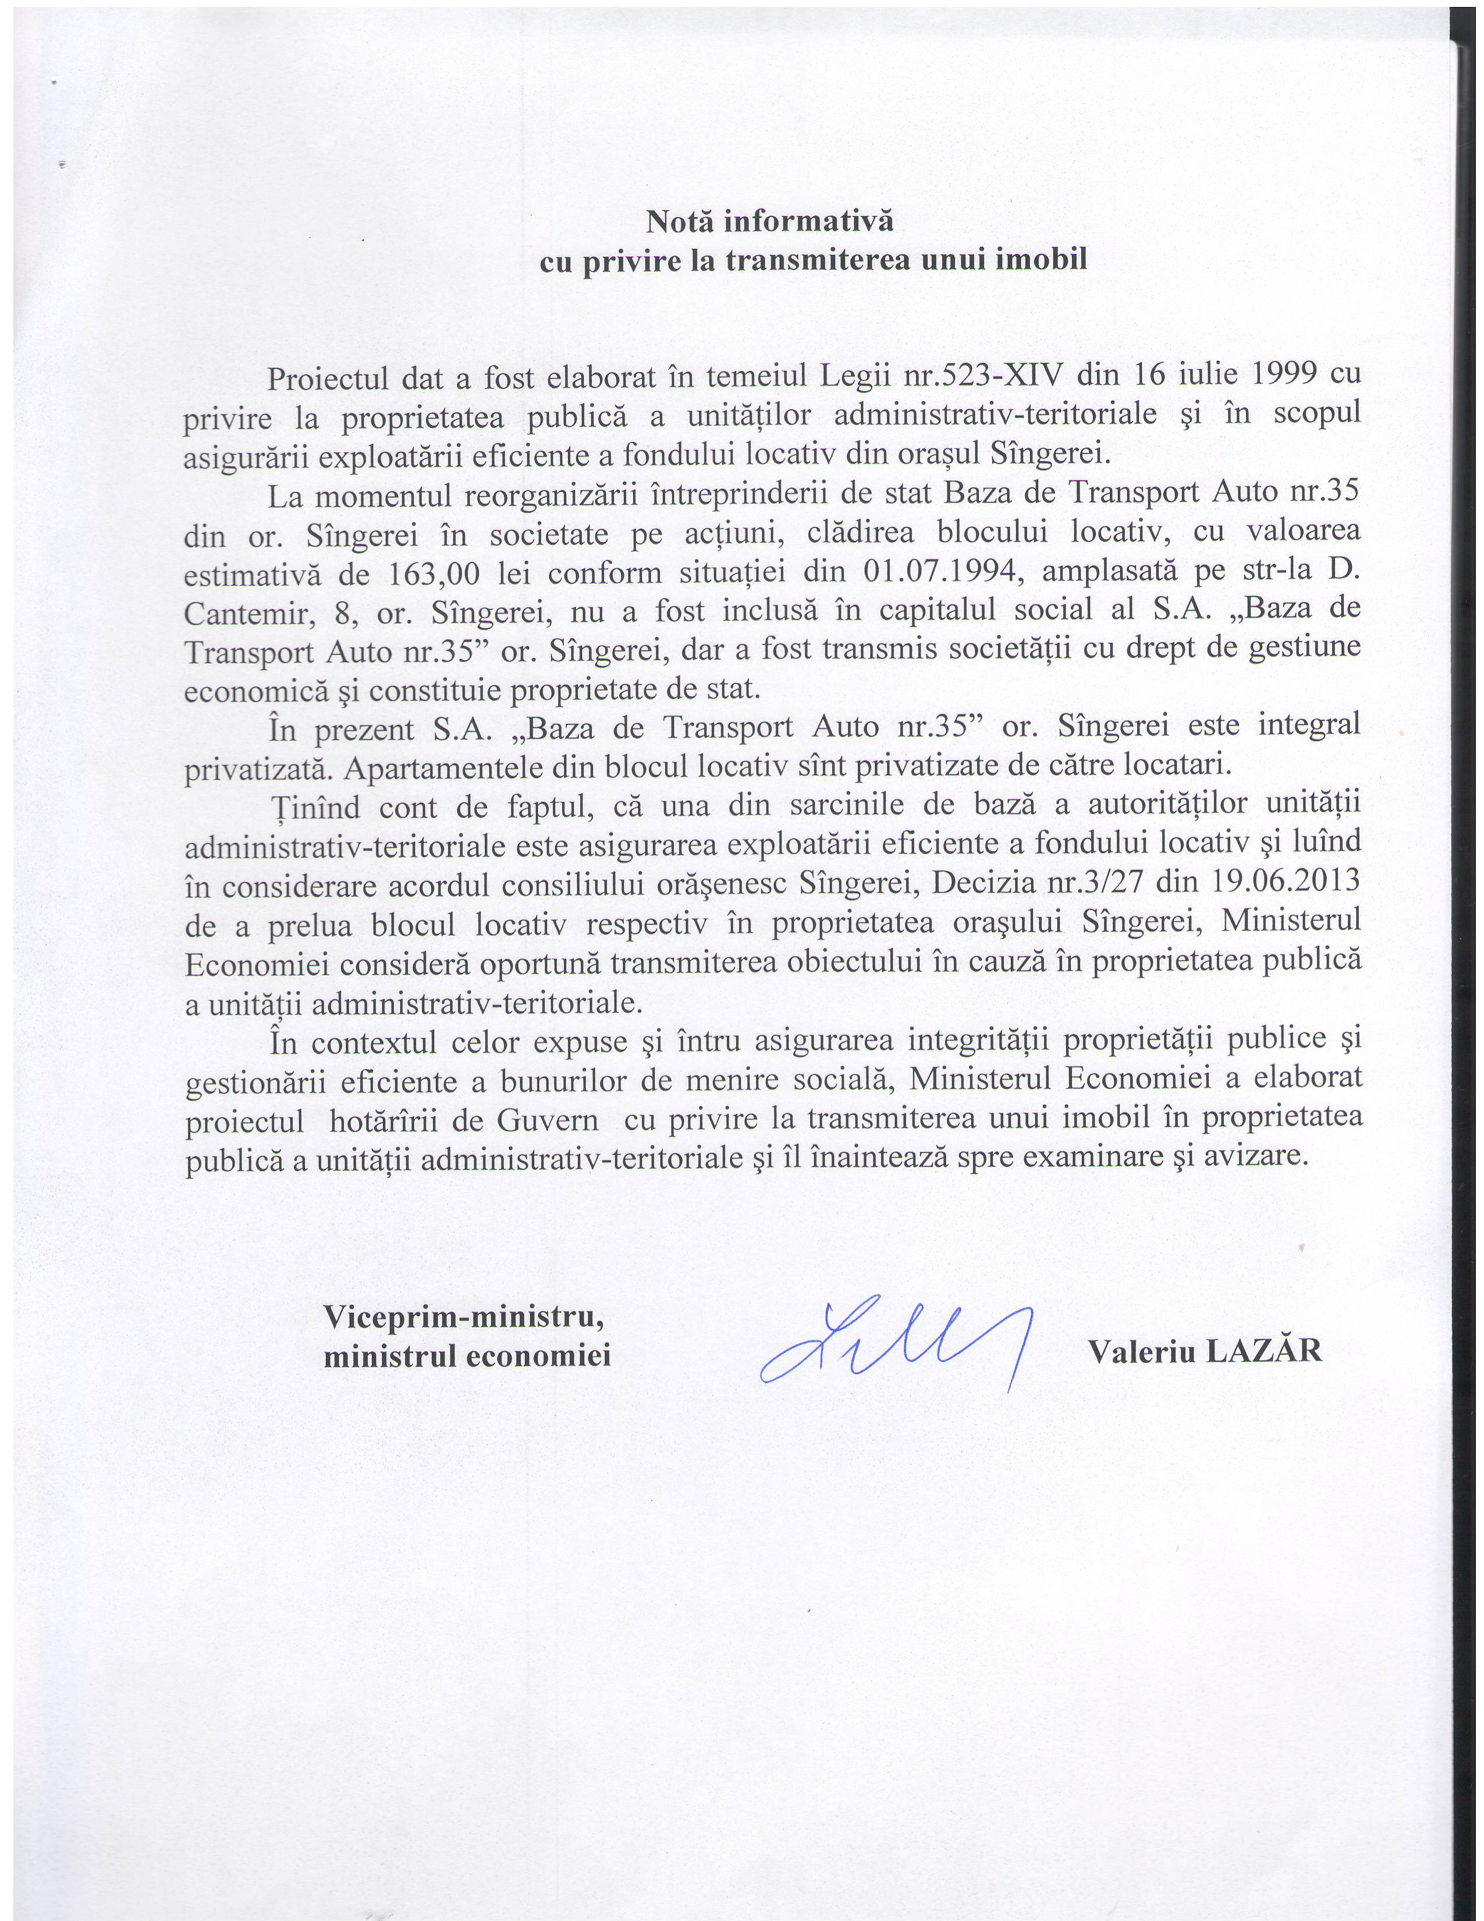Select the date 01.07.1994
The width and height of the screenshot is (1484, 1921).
click(x=940, y=572)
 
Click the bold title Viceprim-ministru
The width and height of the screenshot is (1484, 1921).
click(x=463, y=1317)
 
